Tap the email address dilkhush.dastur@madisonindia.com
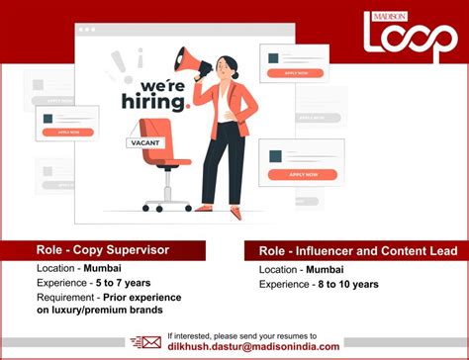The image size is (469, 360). click(x=254, y=346)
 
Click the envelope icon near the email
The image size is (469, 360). click(x=150, y=342)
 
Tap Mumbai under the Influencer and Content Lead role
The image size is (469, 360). click(x=333, y=269)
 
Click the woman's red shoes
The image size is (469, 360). click(x=218, y=209)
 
